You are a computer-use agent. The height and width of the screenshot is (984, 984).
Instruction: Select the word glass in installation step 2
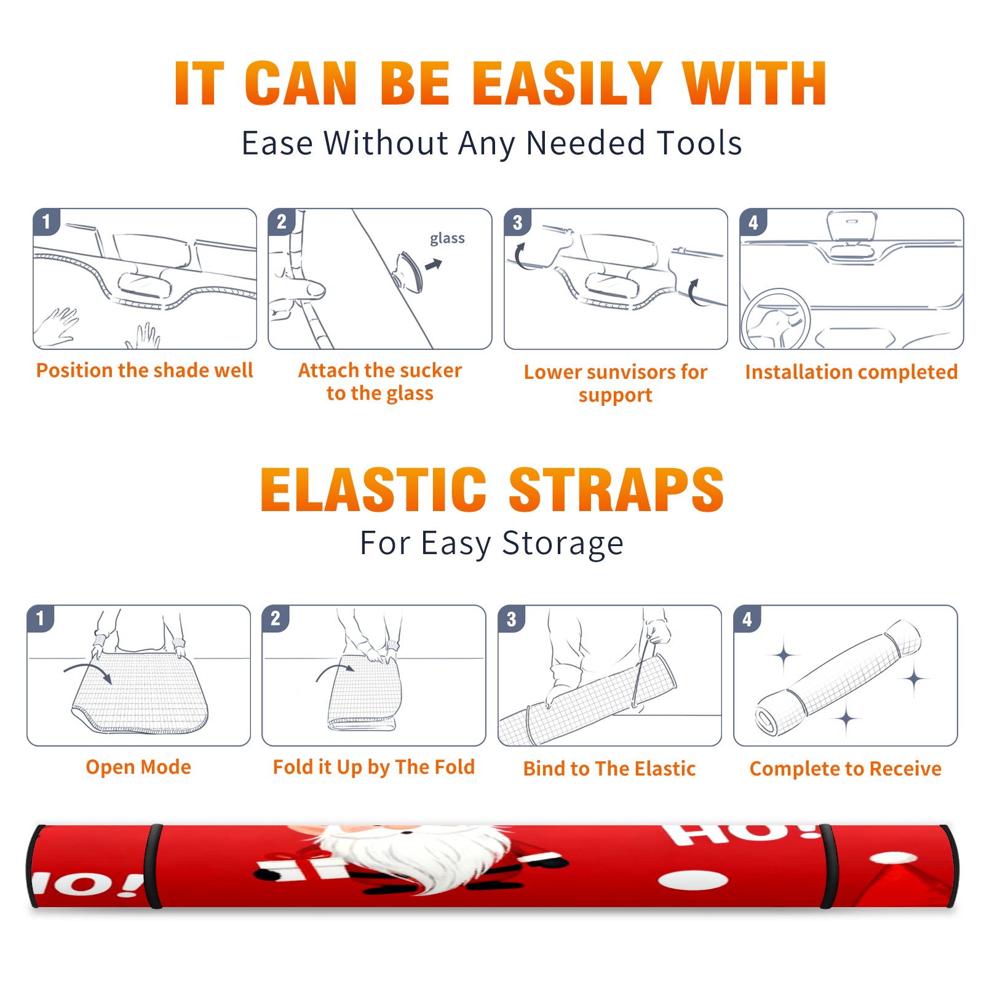[x=447, y=238]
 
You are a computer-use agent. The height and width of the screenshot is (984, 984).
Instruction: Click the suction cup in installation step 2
[x=409, y=272]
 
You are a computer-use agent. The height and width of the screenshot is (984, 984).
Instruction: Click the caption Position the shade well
[x=145, y=370]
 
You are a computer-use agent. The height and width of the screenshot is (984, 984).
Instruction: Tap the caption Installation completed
[x=851, y=371]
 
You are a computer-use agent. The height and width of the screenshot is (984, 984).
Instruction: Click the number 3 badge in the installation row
[x=517, y=222]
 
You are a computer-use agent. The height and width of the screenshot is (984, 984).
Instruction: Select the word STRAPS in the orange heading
[x=616, y=490]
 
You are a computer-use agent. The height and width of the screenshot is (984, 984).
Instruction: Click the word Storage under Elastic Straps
[x=563, y=543]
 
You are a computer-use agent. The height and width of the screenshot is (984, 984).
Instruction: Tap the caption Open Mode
[x=138, y=767]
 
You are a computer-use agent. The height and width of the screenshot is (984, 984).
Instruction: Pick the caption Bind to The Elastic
[x=609, y=768]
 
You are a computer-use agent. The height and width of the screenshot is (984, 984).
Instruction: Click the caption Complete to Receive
[x=846, y=768]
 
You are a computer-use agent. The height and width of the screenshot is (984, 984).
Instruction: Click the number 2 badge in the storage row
[x=275, y=618]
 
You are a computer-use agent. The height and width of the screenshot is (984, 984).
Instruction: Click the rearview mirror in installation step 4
[x=852, y=226]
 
